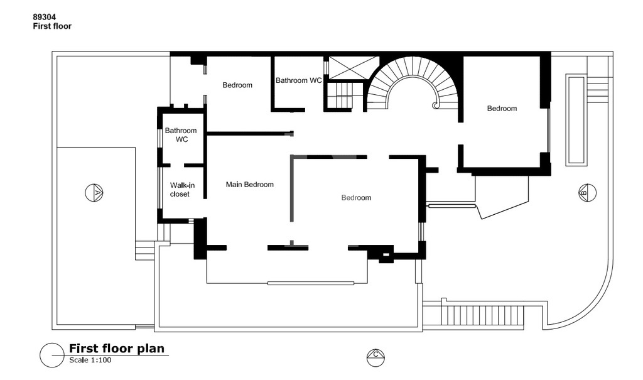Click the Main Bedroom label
250,185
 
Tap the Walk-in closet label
182,190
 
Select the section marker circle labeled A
94,192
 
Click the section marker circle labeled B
587,192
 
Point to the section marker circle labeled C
376,357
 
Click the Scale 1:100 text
90,361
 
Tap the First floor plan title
116,349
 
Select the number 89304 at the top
45,17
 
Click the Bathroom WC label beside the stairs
298,80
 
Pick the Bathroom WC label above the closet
181,135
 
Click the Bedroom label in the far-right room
502,109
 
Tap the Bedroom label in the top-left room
237,85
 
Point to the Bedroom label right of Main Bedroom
357,198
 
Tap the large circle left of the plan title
52,355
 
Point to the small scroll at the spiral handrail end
435,106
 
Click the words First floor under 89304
53,26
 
